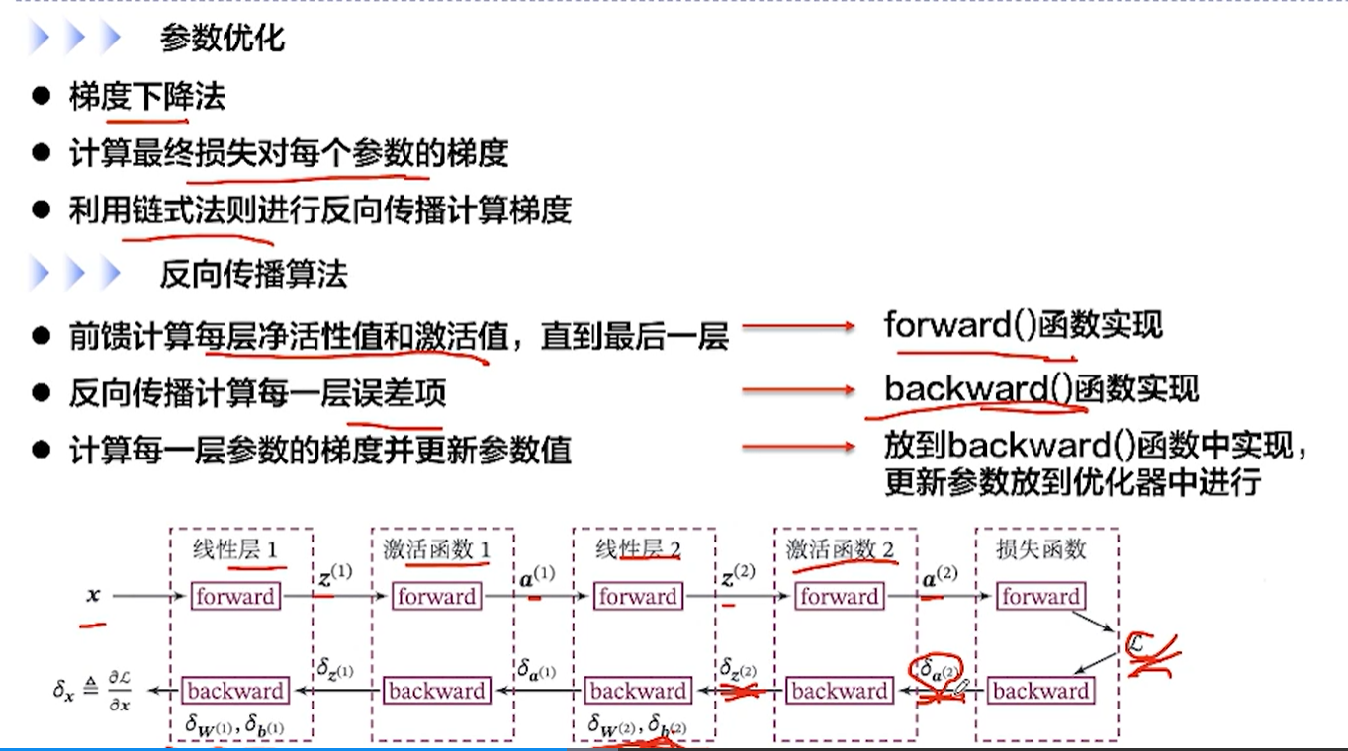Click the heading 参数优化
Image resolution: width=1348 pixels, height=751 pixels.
tap(222, 38)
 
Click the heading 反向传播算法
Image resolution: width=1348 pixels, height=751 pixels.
tap(253, 274)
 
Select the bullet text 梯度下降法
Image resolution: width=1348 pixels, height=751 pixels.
tap(147, 96)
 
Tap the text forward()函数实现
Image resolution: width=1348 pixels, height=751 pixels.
tap(1023, 325)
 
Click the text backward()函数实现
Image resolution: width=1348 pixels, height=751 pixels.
tap(1040, 388)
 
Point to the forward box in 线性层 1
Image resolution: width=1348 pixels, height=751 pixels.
tap(234, 596)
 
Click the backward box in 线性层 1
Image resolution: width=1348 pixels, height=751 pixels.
tap(234, 691)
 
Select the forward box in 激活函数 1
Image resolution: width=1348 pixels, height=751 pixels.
tap(435, 596)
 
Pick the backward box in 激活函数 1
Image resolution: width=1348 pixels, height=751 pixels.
tap(435, 691)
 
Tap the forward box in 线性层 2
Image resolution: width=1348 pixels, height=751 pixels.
tap(637, 596)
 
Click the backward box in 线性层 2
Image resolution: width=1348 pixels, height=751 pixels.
tap(637, 691)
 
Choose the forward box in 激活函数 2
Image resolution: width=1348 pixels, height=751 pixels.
tap(839, 596)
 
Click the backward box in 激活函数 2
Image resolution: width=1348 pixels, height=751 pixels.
tap(839, 691)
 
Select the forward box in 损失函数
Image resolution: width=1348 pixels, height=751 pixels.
tap(1040, 596)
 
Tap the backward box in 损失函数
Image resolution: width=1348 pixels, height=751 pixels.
tap(1040, 691)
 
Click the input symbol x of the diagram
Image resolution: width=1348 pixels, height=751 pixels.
tap(93, 596)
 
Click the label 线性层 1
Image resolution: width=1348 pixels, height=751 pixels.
tap(234, 549)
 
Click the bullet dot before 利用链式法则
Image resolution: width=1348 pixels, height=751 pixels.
tap(41, 210)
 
